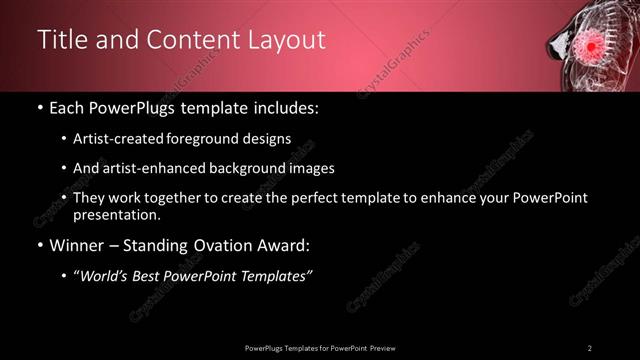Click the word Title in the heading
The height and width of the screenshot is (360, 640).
(x=61, y=40)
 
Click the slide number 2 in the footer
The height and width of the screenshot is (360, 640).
(x=590, y=347)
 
